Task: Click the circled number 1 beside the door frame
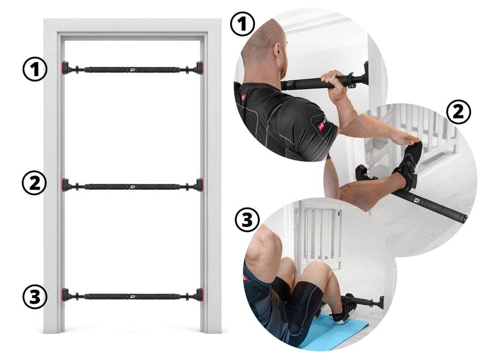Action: coord(35,69)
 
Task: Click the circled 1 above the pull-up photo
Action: coord(243,24)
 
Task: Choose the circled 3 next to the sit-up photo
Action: coord(247,220)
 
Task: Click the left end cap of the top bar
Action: coord(66,68)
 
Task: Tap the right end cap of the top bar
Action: coord(199,68)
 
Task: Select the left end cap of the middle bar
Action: coord(66,185)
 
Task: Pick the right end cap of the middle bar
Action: coord(199,185)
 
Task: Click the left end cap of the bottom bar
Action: coord(66,295)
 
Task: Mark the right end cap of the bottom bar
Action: coord(199,295)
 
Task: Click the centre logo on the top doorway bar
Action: coord(133,70)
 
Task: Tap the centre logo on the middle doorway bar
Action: coord(133,186)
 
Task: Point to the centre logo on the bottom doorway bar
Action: coord(133,297)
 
